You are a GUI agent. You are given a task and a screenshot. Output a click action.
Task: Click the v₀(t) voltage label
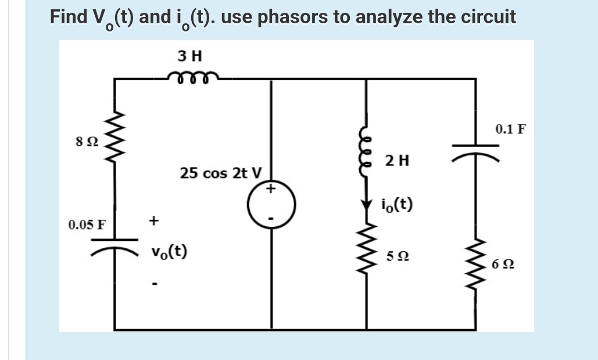click(169, 251)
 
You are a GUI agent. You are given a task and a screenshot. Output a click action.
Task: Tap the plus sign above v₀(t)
click(153, 220)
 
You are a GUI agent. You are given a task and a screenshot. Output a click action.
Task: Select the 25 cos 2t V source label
click(221, 173)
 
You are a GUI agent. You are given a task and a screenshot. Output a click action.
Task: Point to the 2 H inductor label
click(397, 161)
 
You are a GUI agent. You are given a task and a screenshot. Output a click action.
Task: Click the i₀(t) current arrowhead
click(366, 205)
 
